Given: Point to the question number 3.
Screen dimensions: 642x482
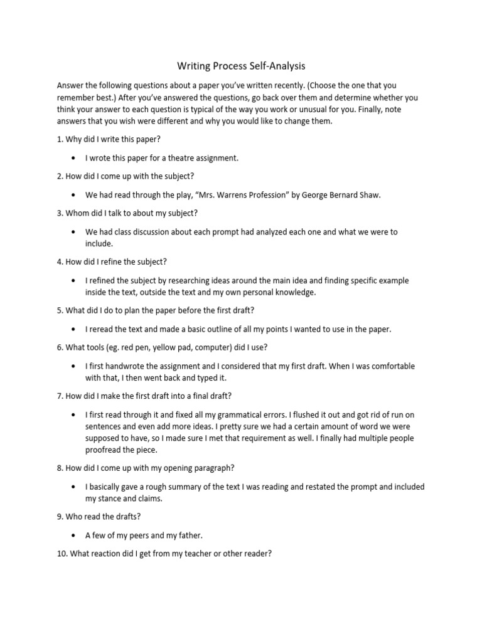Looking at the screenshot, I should [59, 213].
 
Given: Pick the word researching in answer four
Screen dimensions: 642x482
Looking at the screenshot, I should [189, 281].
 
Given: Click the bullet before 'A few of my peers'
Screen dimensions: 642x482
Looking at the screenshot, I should [74, 535].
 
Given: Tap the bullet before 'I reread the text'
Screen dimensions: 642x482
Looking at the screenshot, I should [74, 329].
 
